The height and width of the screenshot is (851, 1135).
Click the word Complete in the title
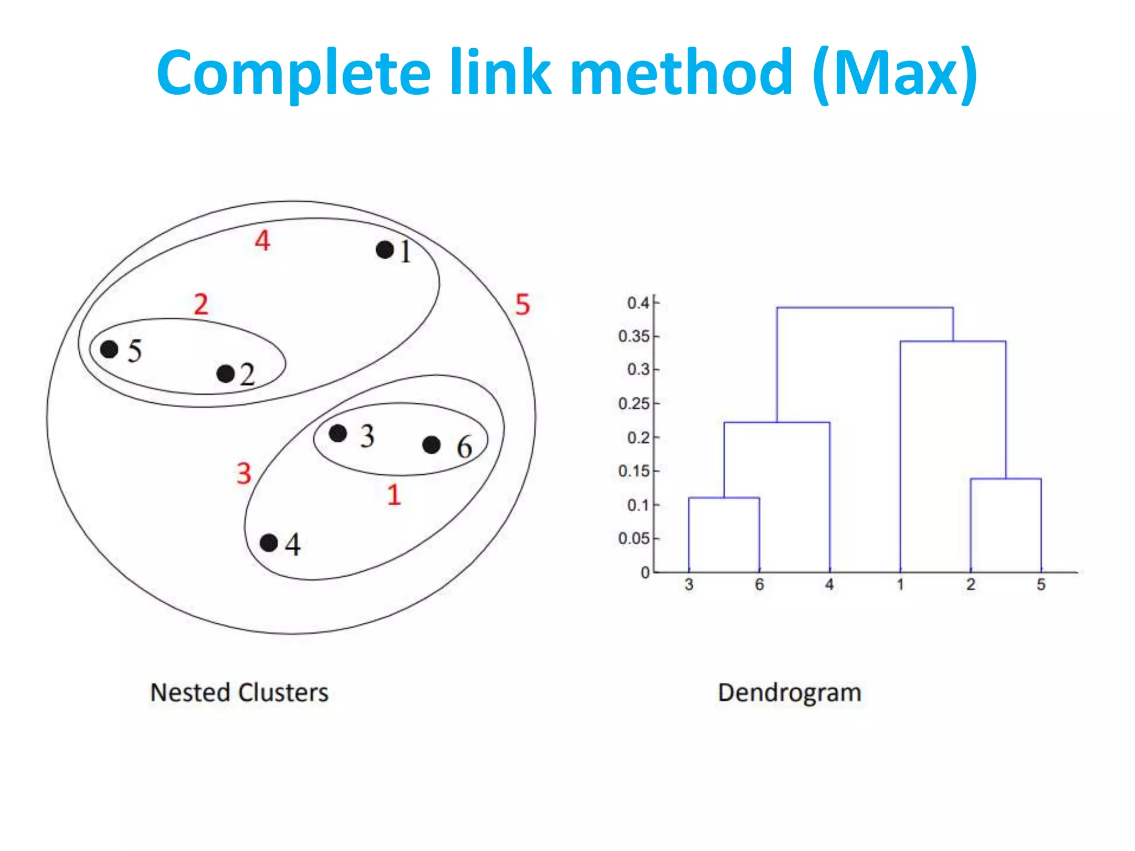coord(294,73)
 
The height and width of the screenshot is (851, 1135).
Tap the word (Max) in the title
coord(894,73)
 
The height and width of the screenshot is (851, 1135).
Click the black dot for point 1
coord(385,250)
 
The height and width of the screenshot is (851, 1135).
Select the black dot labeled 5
coord(109,349)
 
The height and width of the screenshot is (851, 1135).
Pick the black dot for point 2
coord(226,374)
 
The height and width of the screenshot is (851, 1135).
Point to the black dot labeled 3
coord(338,433)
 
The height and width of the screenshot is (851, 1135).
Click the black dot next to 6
coord(431,444)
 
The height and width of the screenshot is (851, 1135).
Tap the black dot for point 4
coord(269,542)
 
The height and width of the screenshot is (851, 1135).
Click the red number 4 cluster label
coord(262,240)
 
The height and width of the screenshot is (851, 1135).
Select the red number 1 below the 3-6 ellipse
coord(393,494)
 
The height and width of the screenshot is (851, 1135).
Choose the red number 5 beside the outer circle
coord(522,304)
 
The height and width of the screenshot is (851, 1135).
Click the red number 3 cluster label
coord(244,473)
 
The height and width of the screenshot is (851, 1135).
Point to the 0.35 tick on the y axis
coord(634,336)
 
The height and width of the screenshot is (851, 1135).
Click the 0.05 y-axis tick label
coord(634,539)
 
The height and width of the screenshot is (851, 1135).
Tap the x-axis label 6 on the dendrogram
coord(759,585)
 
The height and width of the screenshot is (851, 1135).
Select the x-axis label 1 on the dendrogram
coord(900,585)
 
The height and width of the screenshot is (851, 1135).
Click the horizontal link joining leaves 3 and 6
coord(724,498)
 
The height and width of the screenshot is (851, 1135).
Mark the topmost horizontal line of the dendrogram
coord(865,307)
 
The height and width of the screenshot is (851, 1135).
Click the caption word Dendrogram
coord(789,693)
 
